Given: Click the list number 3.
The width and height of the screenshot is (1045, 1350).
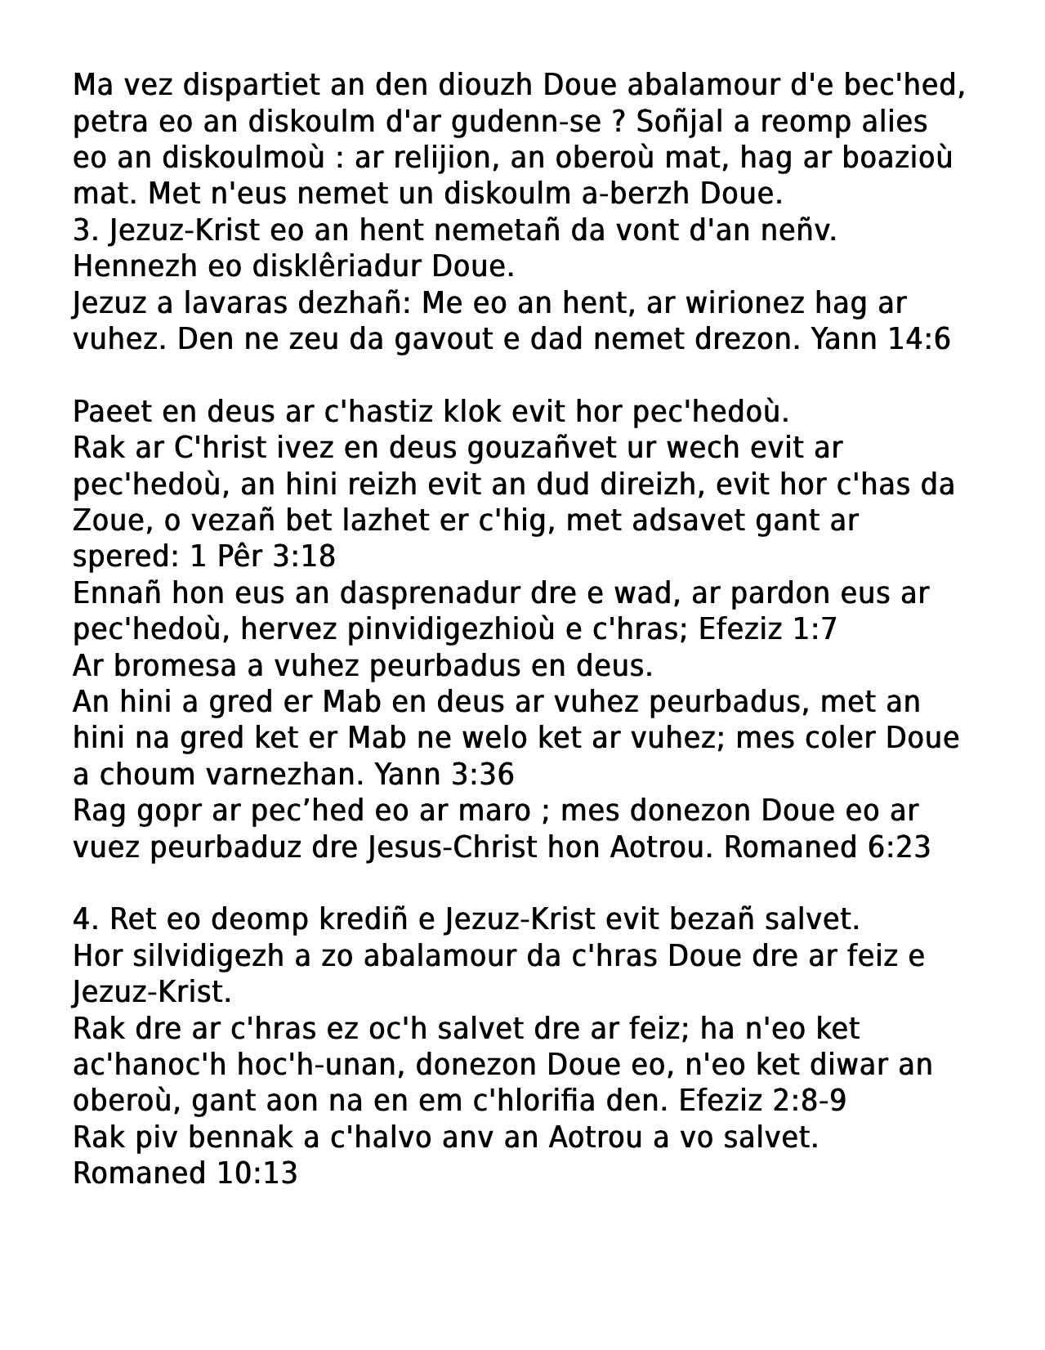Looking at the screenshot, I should pyautogui.click(x=82, y=230).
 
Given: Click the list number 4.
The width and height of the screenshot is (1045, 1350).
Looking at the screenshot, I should pyautogui.click(x=82, y=919).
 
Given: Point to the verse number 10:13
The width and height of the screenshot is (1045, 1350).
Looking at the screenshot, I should pyautogui.click(x=257, y=1173).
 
